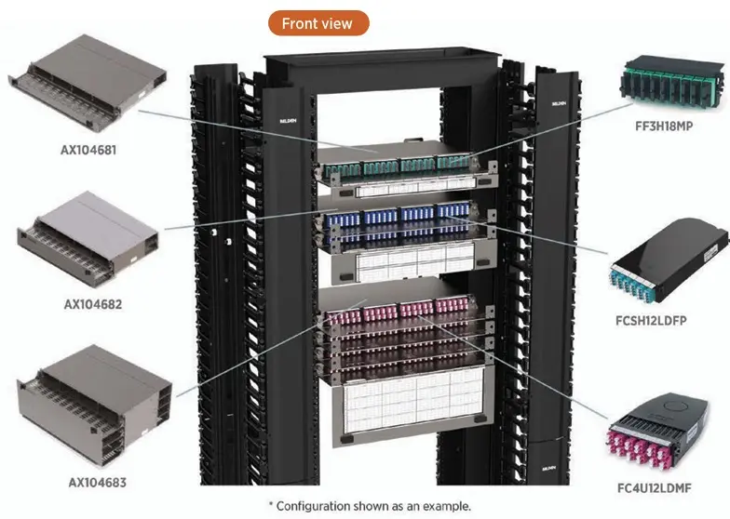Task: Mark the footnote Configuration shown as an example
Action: click(x=370, y=506)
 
